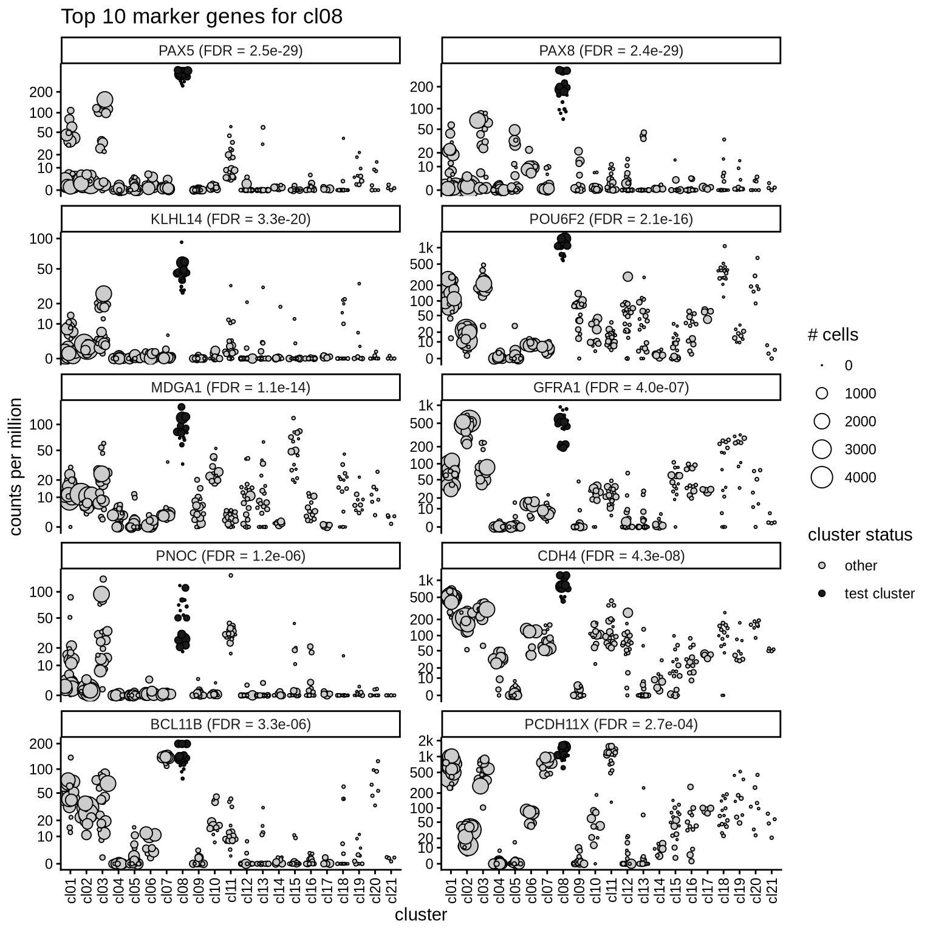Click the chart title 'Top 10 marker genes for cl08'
[201, 16]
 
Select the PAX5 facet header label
[230, 50]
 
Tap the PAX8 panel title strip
[611, 50]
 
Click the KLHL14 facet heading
[230, 219]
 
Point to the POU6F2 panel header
[611, 219]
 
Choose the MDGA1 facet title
[230, 387]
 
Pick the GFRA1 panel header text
[611, 387]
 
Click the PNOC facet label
[230, 555]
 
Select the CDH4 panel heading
[611, 555]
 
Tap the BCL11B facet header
[230, 723]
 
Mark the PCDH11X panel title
[611, 723]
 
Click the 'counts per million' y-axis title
[16, 466]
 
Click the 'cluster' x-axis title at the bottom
[420, 915]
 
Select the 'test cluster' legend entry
[879, 593]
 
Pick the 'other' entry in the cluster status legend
[860, 566]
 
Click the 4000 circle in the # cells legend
[822, 477]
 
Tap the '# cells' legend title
[832, 335]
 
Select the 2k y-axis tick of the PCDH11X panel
[426, 740]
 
